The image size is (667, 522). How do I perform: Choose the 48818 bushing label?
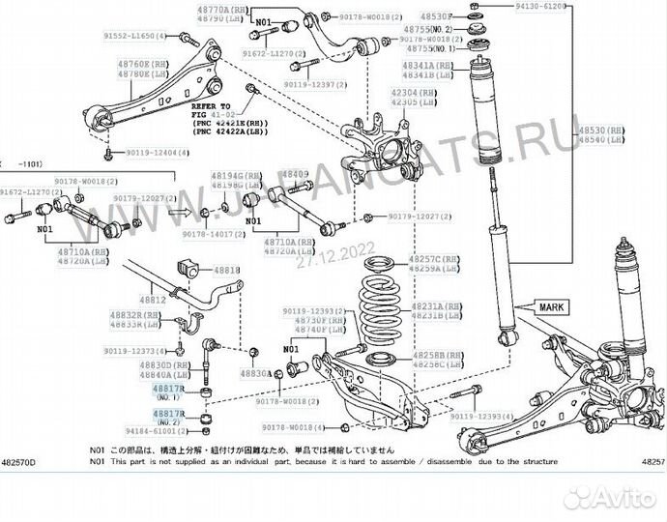pos(226,271)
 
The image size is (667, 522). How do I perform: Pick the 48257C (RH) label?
pos(438,261)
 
